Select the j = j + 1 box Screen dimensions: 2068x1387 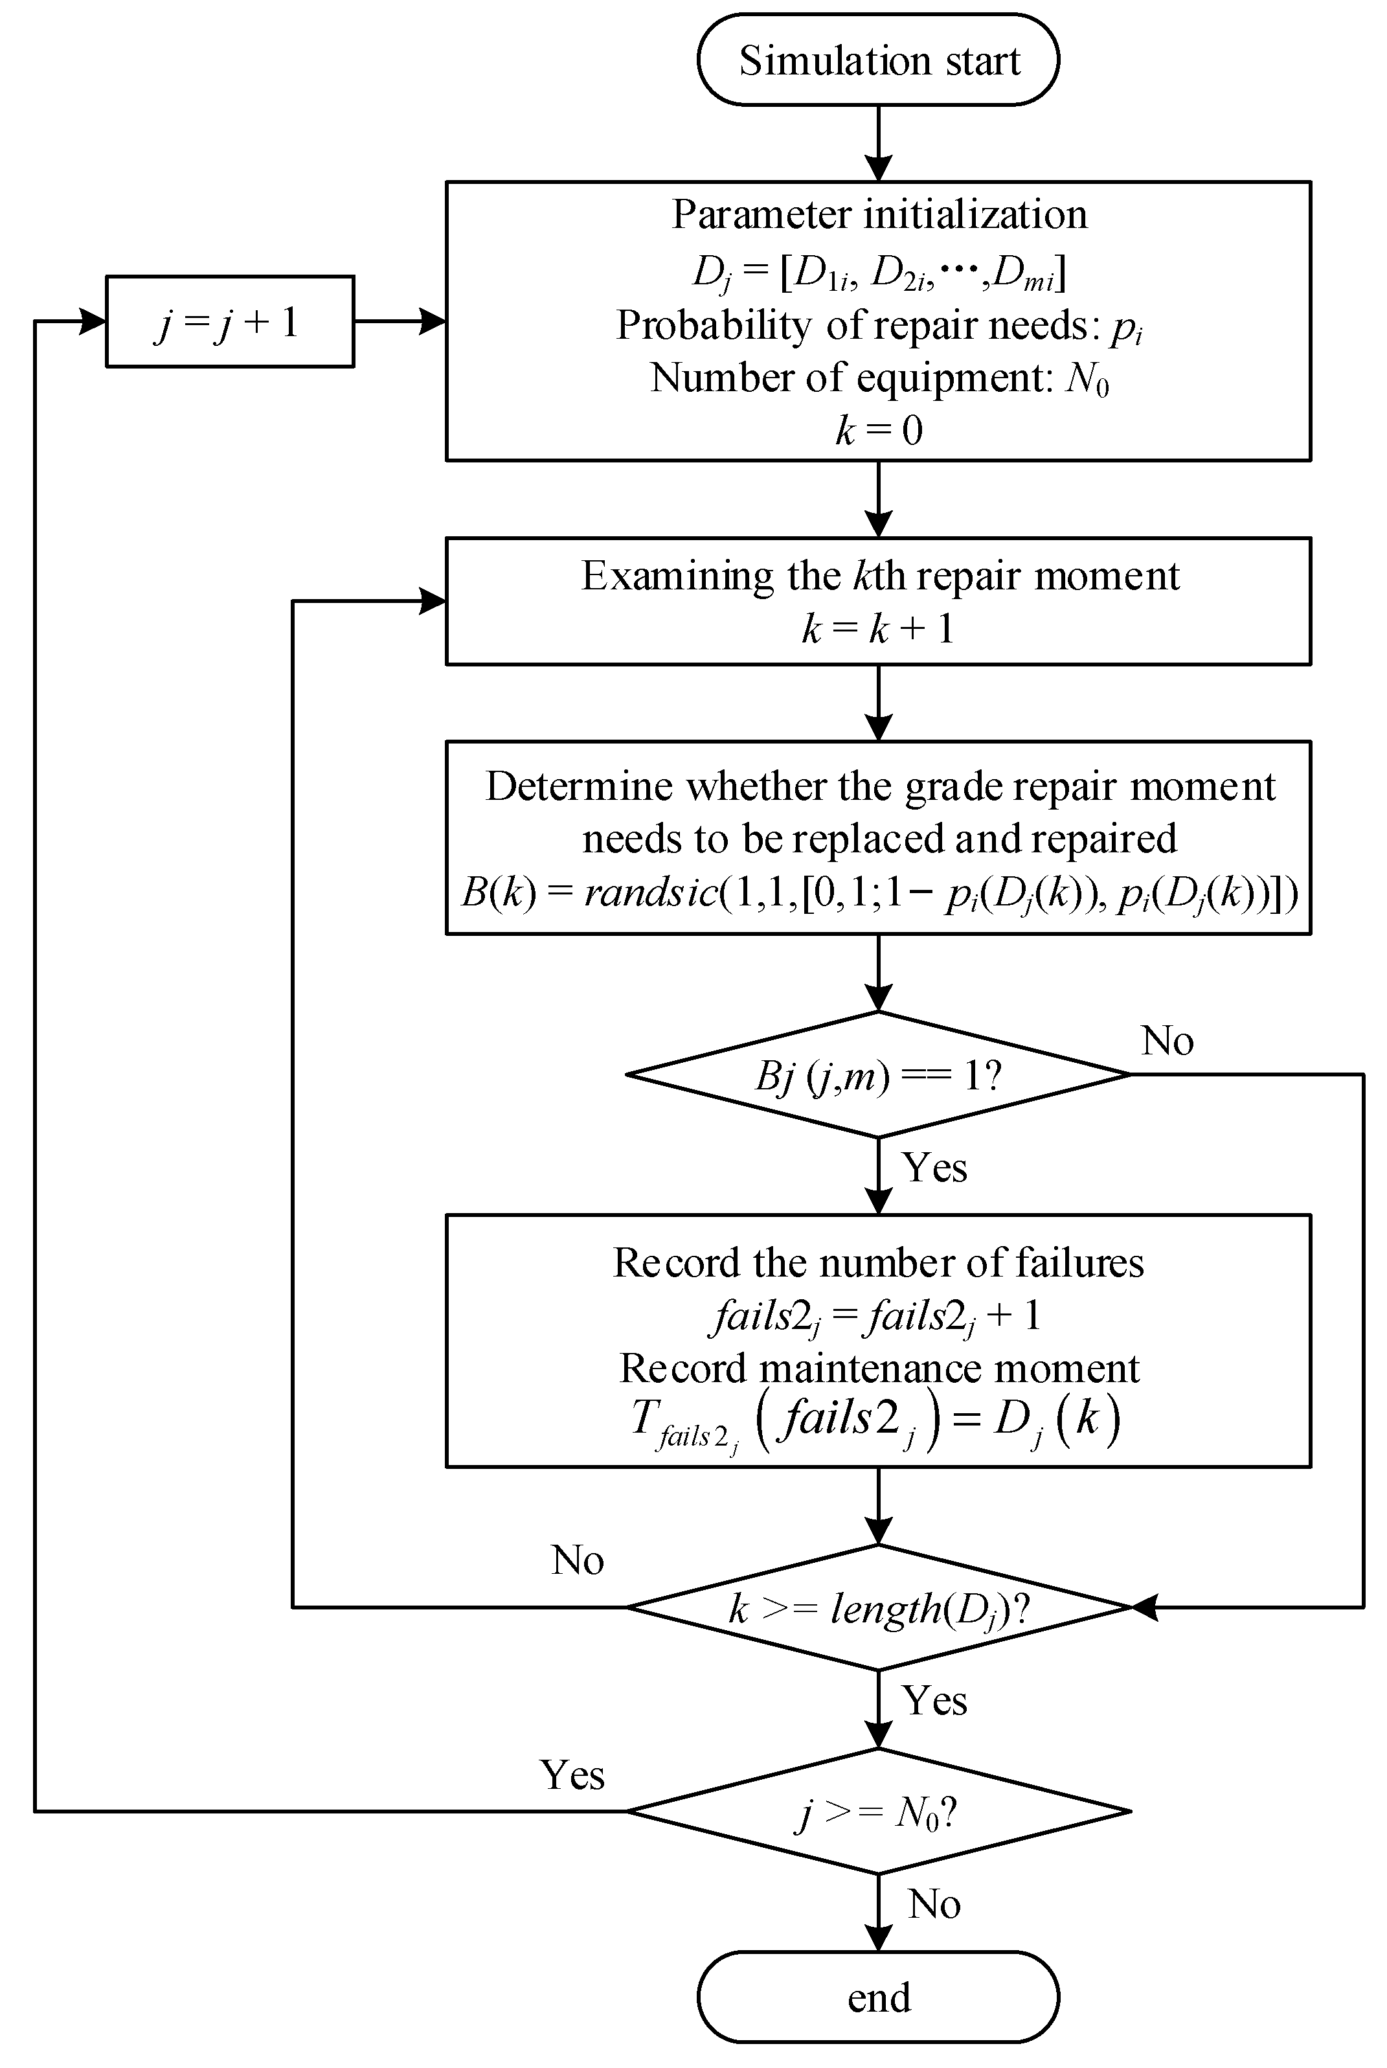click(x=230, y=321)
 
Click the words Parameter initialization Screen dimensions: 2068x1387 click(x=879, y=214)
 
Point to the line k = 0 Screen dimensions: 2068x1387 click(x=879, y=431)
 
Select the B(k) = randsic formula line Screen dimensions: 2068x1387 click(x=879, y=893)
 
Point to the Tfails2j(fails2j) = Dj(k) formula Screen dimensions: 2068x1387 click(x=875, y=1422)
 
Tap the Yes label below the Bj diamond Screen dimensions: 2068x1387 click(x=934, y=1168)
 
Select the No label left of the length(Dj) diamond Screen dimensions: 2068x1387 click(x=577, y=1560)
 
